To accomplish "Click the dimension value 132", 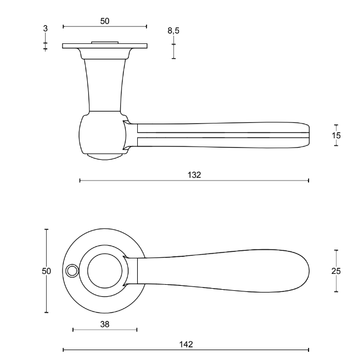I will pos(194,175).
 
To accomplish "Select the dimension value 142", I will pos(186,344).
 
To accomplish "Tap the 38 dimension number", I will pos(104,324).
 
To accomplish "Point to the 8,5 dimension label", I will pos(173,31).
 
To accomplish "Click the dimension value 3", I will pos(45,27).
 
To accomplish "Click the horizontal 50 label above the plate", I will pos(105,21).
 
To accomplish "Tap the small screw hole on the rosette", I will pos(70,271).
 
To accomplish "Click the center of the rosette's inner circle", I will pos(105,271).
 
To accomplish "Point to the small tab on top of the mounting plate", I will pos(105,42).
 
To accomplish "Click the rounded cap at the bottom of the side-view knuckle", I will pos(105,156).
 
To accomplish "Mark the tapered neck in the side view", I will pos(105,82).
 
